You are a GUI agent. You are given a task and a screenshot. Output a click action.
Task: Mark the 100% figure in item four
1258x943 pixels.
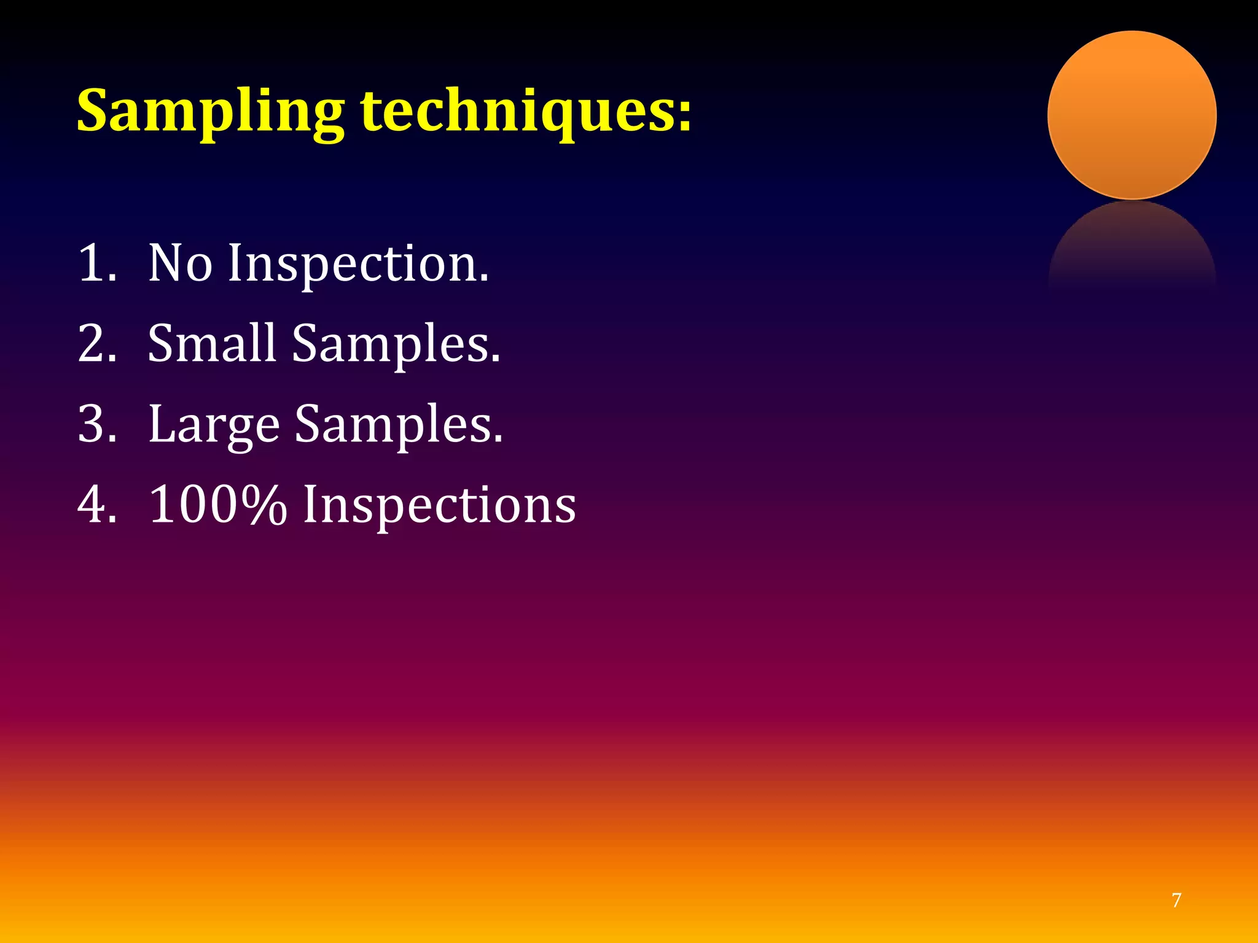pyautogui.click(x=218, y=505)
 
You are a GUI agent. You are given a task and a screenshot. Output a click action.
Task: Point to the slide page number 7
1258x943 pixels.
pyautogui.click(x=1176, y=901)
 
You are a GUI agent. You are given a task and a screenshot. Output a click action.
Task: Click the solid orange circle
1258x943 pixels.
pyautogui.click(x=1131, y=115)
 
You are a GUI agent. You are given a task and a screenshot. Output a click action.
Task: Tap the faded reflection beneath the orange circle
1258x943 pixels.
pyautogui.click(x=1131, y=246)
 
